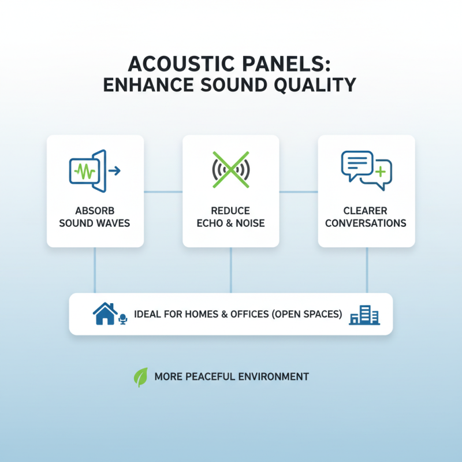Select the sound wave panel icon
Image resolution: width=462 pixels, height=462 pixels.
point(86,171)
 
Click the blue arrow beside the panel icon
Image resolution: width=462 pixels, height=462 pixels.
point(114,171)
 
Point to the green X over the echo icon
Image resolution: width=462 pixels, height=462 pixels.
point(231,168)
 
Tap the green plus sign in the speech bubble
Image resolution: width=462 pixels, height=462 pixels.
point(380,172)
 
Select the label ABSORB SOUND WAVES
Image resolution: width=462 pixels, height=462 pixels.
point(95,217)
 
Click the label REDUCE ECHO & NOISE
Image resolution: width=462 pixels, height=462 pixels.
point(231,217)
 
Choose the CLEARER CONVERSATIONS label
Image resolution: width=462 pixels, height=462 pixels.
point(366,217)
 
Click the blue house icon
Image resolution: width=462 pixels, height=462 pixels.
point(105,314)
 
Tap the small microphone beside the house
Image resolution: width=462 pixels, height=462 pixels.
point(122,318)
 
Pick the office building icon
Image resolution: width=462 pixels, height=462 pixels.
point(364,315)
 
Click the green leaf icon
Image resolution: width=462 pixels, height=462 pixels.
point(140,377)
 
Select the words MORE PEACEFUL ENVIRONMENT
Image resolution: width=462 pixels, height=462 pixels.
point(232,377)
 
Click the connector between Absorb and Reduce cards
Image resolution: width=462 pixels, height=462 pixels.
point(163,192)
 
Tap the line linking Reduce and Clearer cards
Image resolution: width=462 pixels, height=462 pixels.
point(299,192)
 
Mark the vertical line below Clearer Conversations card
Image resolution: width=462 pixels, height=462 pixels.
point(367,270)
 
